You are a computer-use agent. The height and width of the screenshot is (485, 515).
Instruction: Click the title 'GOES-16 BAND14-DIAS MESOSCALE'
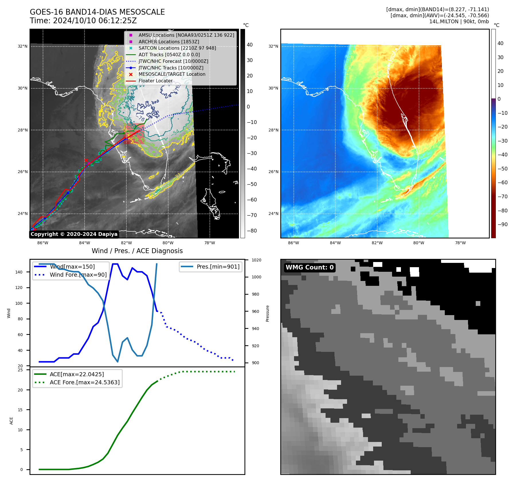pos(97,12)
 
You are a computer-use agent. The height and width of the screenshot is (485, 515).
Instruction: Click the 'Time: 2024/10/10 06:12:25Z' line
pos(83,21)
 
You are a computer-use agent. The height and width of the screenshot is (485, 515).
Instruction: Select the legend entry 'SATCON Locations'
pos(177,48)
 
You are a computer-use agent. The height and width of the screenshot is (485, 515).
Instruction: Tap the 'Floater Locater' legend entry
pos(155,81)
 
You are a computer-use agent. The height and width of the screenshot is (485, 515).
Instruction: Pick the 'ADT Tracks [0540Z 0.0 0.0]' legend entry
pos(169,55)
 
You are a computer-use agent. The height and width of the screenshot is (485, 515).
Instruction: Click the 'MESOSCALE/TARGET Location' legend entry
pos(172,74)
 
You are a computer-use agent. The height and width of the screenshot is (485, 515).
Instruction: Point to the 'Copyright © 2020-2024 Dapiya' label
pos(74,234)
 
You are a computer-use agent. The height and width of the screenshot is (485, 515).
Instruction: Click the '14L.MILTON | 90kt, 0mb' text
pos(459,22)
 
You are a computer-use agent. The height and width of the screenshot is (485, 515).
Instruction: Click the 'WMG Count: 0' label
pos(310,267)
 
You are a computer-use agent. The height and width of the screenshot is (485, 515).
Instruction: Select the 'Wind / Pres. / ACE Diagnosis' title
pos(137,251)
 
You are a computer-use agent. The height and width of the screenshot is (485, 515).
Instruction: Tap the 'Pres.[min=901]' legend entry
pos(218,267)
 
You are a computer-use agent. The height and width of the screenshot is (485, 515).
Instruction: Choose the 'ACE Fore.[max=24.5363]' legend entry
pos(85,382)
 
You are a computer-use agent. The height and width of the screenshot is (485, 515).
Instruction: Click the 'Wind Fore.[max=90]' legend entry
pos(78,275)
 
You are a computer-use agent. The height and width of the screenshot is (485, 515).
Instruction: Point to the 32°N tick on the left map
pos(23,46)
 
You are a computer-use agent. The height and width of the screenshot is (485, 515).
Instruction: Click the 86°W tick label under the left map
pos(43,243)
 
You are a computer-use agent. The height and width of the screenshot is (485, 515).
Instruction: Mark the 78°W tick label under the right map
pos(460,243)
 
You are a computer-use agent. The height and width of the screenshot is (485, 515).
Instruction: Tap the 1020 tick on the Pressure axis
pos(256,260)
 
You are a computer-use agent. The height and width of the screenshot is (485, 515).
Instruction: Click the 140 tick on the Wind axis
pos(19,272)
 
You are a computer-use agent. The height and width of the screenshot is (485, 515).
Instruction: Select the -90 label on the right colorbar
pos(502,224)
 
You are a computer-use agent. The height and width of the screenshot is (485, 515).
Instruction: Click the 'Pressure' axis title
pos(267,313)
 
